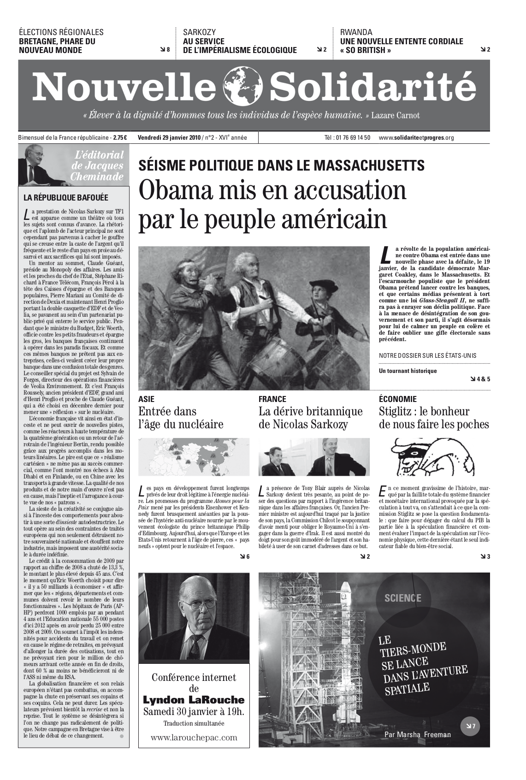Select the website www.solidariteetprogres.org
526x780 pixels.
click(416, 137)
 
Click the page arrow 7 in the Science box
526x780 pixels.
click(470, 727)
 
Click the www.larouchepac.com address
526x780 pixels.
click(194, 737)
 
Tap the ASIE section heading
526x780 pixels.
click(146, 399)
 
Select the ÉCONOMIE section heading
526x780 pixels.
click(397, 399)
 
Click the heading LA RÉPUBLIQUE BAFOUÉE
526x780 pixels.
click(66, 198)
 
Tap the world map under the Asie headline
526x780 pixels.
click(194, 457)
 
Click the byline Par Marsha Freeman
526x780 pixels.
click(418, 734)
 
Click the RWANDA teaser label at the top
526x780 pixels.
click(356, 32)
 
